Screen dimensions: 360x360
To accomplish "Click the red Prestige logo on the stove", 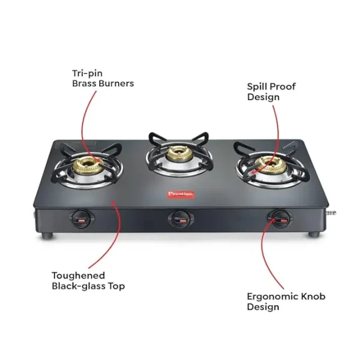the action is (x=180, y=194).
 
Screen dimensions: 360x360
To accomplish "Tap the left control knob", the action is (x=82, y=218).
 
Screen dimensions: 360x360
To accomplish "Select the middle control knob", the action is (x=181, y=219).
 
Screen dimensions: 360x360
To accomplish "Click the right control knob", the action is (x=280, y=218).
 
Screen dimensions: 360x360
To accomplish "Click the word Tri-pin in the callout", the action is (x=87, y=74).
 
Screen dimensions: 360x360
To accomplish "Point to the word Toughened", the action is (x=78, y=275).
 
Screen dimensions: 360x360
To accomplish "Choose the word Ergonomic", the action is (x=272, y=297).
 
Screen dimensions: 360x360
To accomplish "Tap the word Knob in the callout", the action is (x=313, y=296).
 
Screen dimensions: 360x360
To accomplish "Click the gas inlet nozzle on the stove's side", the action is (x=331, y=213).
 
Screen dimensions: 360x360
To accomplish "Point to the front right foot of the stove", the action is (x=314, y=235).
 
